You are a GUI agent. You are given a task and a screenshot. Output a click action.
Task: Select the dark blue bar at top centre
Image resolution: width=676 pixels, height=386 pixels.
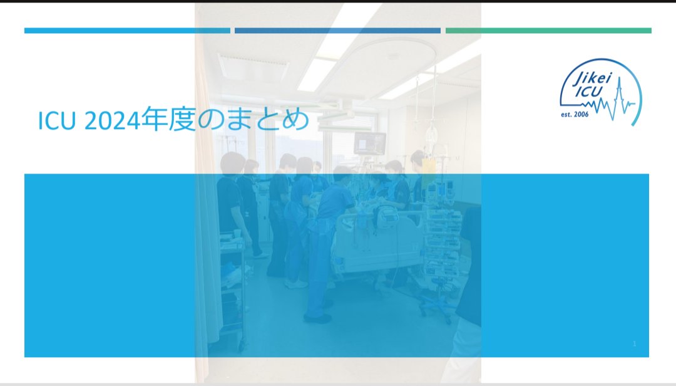[337, 30]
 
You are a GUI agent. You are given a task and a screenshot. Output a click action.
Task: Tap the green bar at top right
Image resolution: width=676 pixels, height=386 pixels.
[548, 30]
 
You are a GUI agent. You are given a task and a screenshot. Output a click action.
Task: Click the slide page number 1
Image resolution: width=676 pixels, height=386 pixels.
[634, 343]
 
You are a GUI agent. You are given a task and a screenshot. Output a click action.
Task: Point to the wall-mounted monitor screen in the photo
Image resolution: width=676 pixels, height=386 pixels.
[370, 143]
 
